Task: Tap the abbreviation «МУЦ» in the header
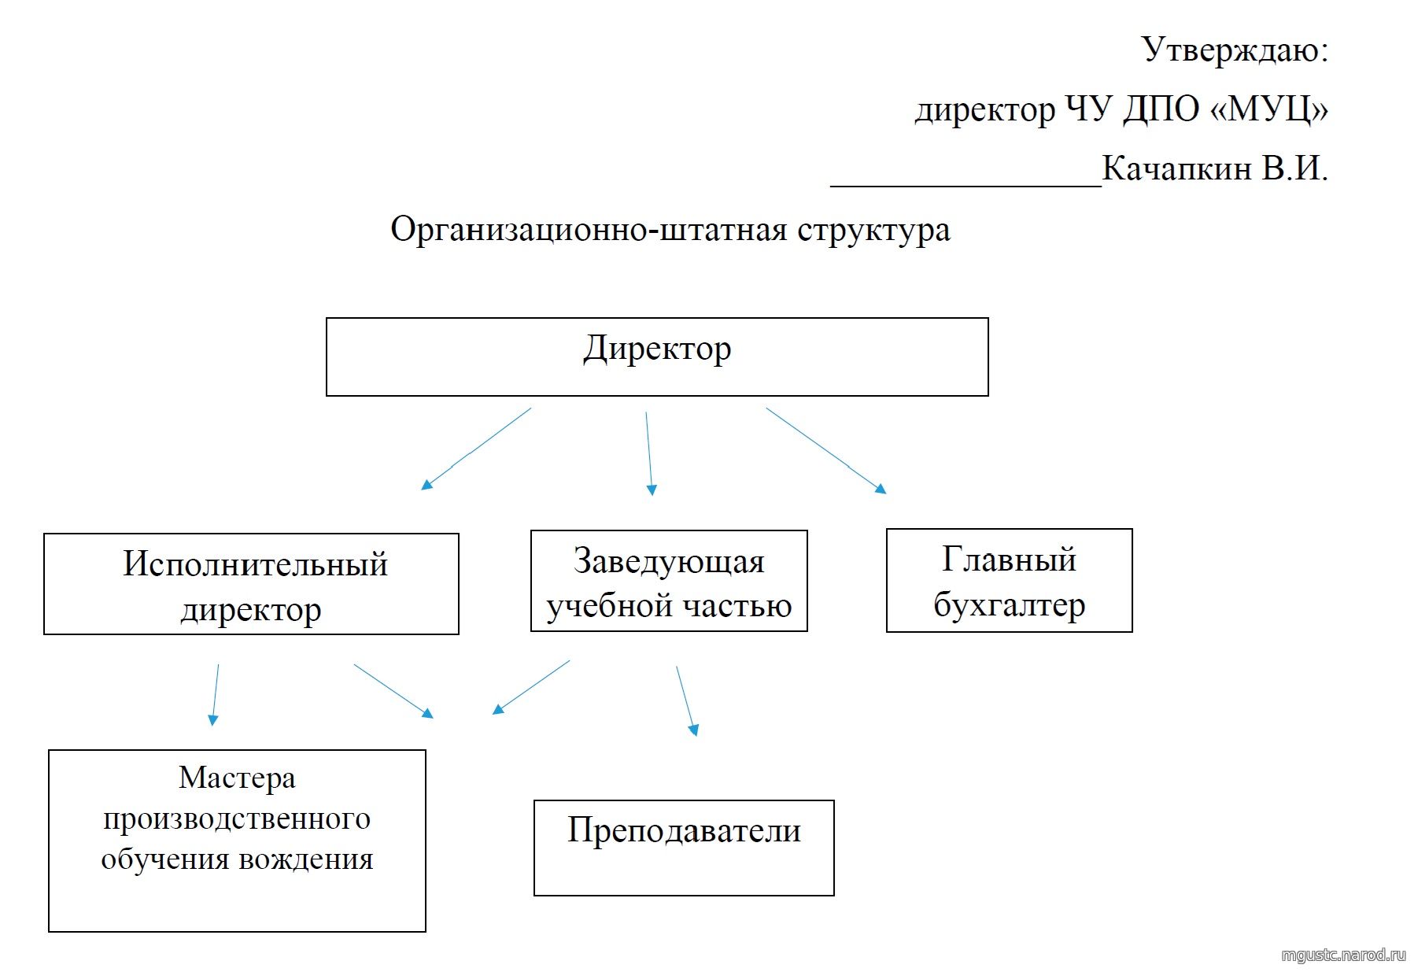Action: [1268, 109]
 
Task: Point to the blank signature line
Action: [966, 186]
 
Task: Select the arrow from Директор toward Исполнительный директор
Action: [476, 449]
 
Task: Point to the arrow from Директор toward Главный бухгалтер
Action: [826, 450]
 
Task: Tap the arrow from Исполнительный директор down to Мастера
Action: [215, 695]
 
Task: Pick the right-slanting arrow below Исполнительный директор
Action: [393, 691]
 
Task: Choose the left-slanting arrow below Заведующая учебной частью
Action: [530, 687]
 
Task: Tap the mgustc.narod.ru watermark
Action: [1343, 955]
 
